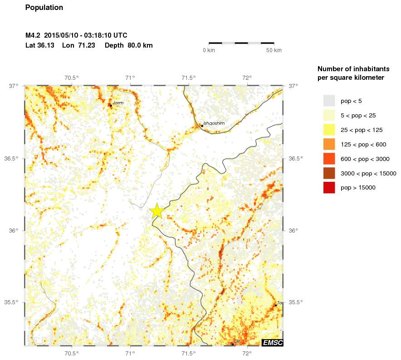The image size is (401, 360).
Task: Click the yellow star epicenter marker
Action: click(156, 211)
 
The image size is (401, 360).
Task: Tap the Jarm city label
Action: click(118, 103)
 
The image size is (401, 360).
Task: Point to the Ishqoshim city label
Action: click(214, 123)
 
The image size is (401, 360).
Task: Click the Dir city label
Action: click(236, 341)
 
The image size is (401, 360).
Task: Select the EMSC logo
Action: click(272, 343)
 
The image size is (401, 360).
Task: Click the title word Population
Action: click(44, 8)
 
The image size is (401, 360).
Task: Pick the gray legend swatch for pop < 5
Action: click(329, 101)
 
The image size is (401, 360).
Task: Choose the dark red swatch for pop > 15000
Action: click(329, 188)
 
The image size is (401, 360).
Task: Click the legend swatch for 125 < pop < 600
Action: click(329, 144)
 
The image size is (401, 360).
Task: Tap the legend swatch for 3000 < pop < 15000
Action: click(329, 173)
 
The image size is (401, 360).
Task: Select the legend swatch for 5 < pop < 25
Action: click(329, 115)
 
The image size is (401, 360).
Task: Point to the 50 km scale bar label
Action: click(274, 50)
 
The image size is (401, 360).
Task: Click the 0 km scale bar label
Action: click(209, 50)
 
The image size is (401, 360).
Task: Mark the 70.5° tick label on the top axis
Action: click(72, 78)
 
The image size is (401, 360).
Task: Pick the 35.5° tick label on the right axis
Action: click(296, 302)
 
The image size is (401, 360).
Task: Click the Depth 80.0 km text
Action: click(128, 45)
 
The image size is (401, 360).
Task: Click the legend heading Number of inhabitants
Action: click(353, 69)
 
